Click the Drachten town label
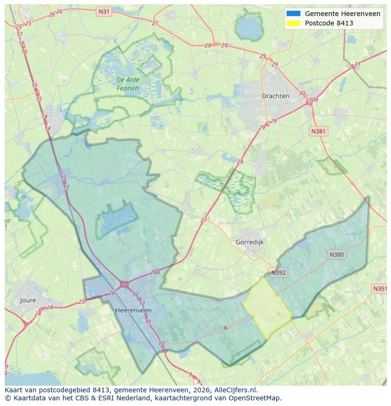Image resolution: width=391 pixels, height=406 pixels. pyautogui.click(x=275, y=96)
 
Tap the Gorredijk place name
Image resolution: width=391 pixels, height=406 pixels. pyautogui.click(x=249, y=242)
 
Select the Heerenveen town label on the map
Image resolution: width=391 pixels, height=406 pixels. pyautogui.click(x=133, y=310)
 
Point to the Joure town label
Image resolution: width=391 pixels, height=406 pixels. pyautogui.click(x=28, y=300)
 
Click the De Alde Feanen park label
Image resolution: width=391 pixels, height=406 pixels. pyautogui.click(x=127, y=84)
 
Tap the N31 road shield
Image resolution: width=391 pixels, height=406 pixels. pyautogui.click(x=103, y=11)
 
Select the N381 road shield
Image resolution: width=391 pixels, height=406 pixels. pyautogui.click(x=318, y=131)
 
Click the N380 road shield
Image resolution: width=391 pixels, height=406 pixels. pyautogui.click(x=337, y=255)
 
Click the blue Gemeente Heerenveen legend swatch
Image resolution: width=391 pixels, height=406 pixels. pyautogui.click(x=293, y=14)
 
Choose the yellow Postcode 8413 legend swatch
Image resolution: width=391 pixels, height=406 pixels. pyautogui.click(x=293, y=23)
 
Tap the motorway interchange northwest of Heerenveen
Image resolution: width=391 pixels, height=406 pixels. pyautogui.click(x=124, y=284)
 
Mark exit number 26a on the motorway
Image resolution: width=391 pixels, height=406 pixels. pyautogui.click(x=155, y=272)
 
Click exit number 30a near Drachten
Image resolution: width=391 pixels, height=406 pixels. pyautogui.click(x=313, y=99)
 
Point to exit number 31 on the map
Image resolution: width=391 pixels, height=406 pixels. pyautogui.click(x=357, y=65)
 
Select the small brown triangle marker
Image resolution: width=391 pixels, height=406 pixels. pyautogui.click(x=226, y=326)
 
